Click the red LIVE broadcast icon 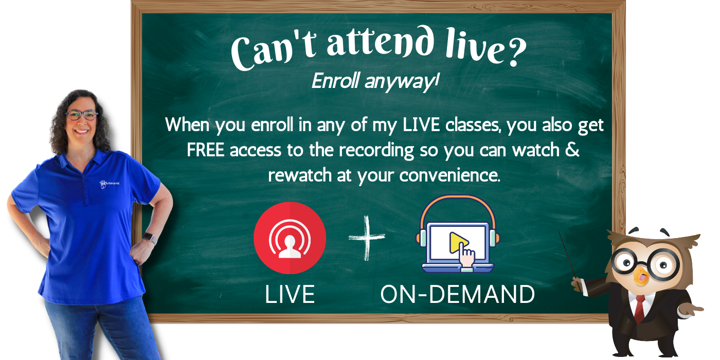pos(290,238)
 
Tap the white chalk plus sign pos(367,238)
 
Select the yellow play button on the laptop pos(457,242)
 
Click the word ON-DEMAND pos(457,294)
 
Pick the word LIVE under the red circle pos(290,294)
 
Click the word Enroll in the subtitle pos(335,81)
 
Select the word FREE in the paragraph pos(205,150)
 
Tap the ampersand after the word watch pos(572,150)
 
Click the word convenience pos(449,175)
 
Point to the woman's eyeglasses pos(81,115)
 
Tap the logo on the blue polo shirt pos(109,184)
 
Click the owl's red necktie pos(640,309)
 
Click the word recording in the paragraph pos(376,151)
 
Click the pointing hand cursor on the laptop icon pos(466,255)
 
